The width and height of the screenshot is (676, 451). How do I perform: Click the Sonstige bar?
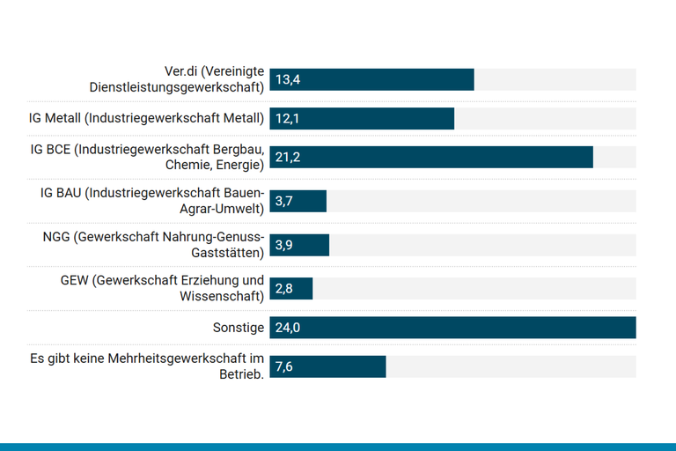pos(452,328)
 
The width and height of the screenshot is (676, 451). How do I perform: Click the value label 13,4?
pos(288,80)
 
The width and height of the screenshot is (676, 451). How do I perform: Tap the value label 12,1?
pos(287,119)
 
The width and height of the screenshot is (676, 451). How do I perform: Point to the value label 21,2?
pos(288,158)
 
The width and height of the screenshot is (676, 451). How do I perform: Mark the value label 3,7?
pos(283,202)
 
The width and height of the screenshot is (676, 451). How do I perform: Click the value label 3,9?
pos(283,245)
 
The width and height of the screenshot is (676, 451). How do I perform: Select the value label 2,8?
pos(283,289)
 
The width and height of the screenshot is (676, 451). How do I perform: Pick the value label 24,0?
pos(288,328)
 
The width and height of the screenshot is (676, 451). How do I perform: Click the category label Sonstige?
pos(238,328)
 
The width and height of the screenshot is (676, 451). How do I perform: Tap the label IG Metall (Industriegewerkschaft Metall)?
pos(147,119)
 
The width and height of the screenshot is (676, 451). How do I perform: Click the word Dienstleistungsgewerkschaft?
pos(176,88)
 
